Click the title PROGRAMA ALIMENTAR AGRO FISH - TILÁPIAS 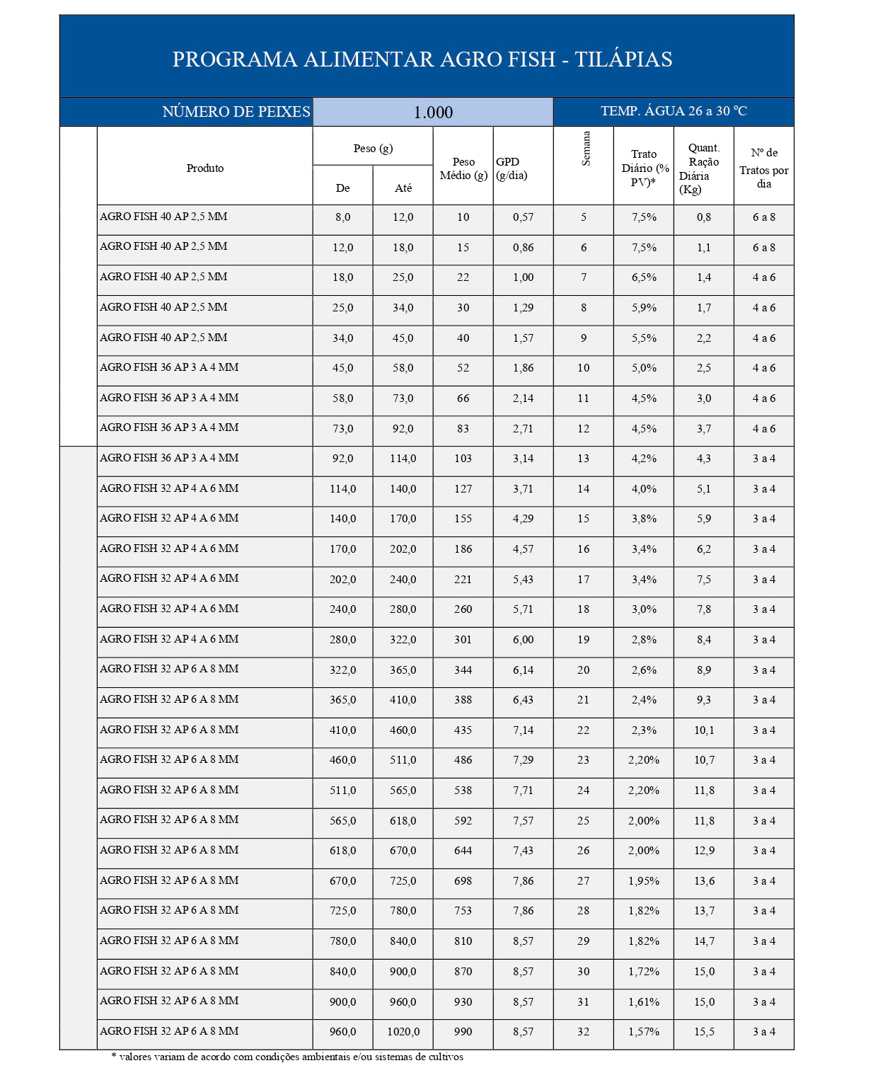[422, 59]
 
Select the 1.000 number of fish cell [432, 113]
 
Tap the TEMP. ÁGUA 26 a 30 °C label [673, 111]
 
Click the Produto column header [204, 168]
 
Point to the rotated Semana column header [586, 149]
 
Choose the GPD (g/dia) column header [512, 168]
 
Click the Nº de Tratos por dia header [763, 168]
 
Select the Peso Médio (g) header [463, 168]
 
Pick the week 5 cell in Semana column [584, 217]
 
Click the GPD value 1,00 [523, 277]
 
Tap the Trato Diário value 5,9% [643, 308]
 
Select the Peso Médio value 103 [463, 459]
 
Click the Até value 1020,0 [403, 1032]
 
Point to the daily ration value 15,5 [703, 1032]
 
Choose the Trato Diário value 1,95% [643, 881]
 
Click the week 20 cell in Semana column [583, 670]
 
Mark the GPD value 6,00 [523, 640]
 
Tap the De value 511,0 [342, 791]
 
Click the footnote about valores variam [287, 1057]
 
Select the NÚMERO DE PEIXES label [236, 112]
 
